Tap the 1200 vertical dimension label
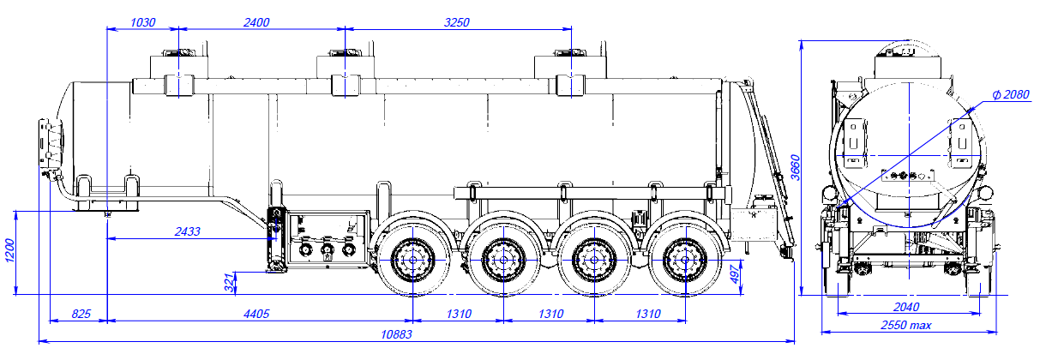tap(10, 253)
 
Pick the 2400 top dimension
tap(256, 22)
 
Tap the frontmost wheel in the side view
tap(412, 256)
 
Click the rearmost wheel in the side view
tap(683, 256)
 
